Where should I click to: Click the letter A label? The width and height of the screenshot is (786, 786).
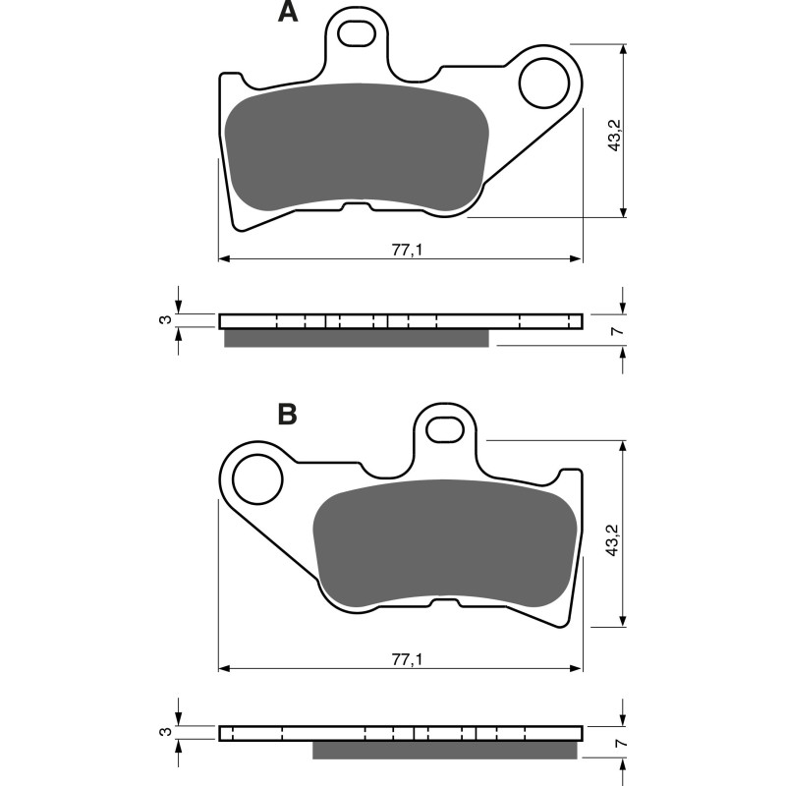tap(287, 13)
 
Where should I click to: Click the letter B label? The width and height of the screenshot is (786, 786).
tap(287, 415)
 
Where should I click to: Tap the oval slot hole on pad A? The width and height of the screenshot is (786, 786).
tap(356, 33)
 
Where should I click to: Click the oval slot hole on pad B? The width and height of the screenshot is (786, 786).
tap(444, 428)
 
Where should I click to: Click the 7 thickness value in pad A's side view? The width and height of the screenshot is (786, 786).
tap(616, 331)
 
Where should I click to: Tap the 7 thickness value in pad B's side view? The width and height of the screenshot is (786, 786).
tap(616, 744)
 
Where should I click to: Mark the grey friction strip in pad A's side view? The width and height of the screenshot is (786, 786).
tap(356, 338)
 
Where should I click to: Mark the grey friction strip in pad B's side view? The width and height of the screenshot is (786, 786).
tap(444, 751)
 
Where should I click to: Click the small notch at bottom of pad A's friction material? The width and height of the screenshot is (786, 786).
tap(356, 206)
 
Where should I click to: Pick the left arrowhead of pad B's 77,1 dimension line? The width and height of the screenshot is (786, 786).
tap(223, 668)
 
